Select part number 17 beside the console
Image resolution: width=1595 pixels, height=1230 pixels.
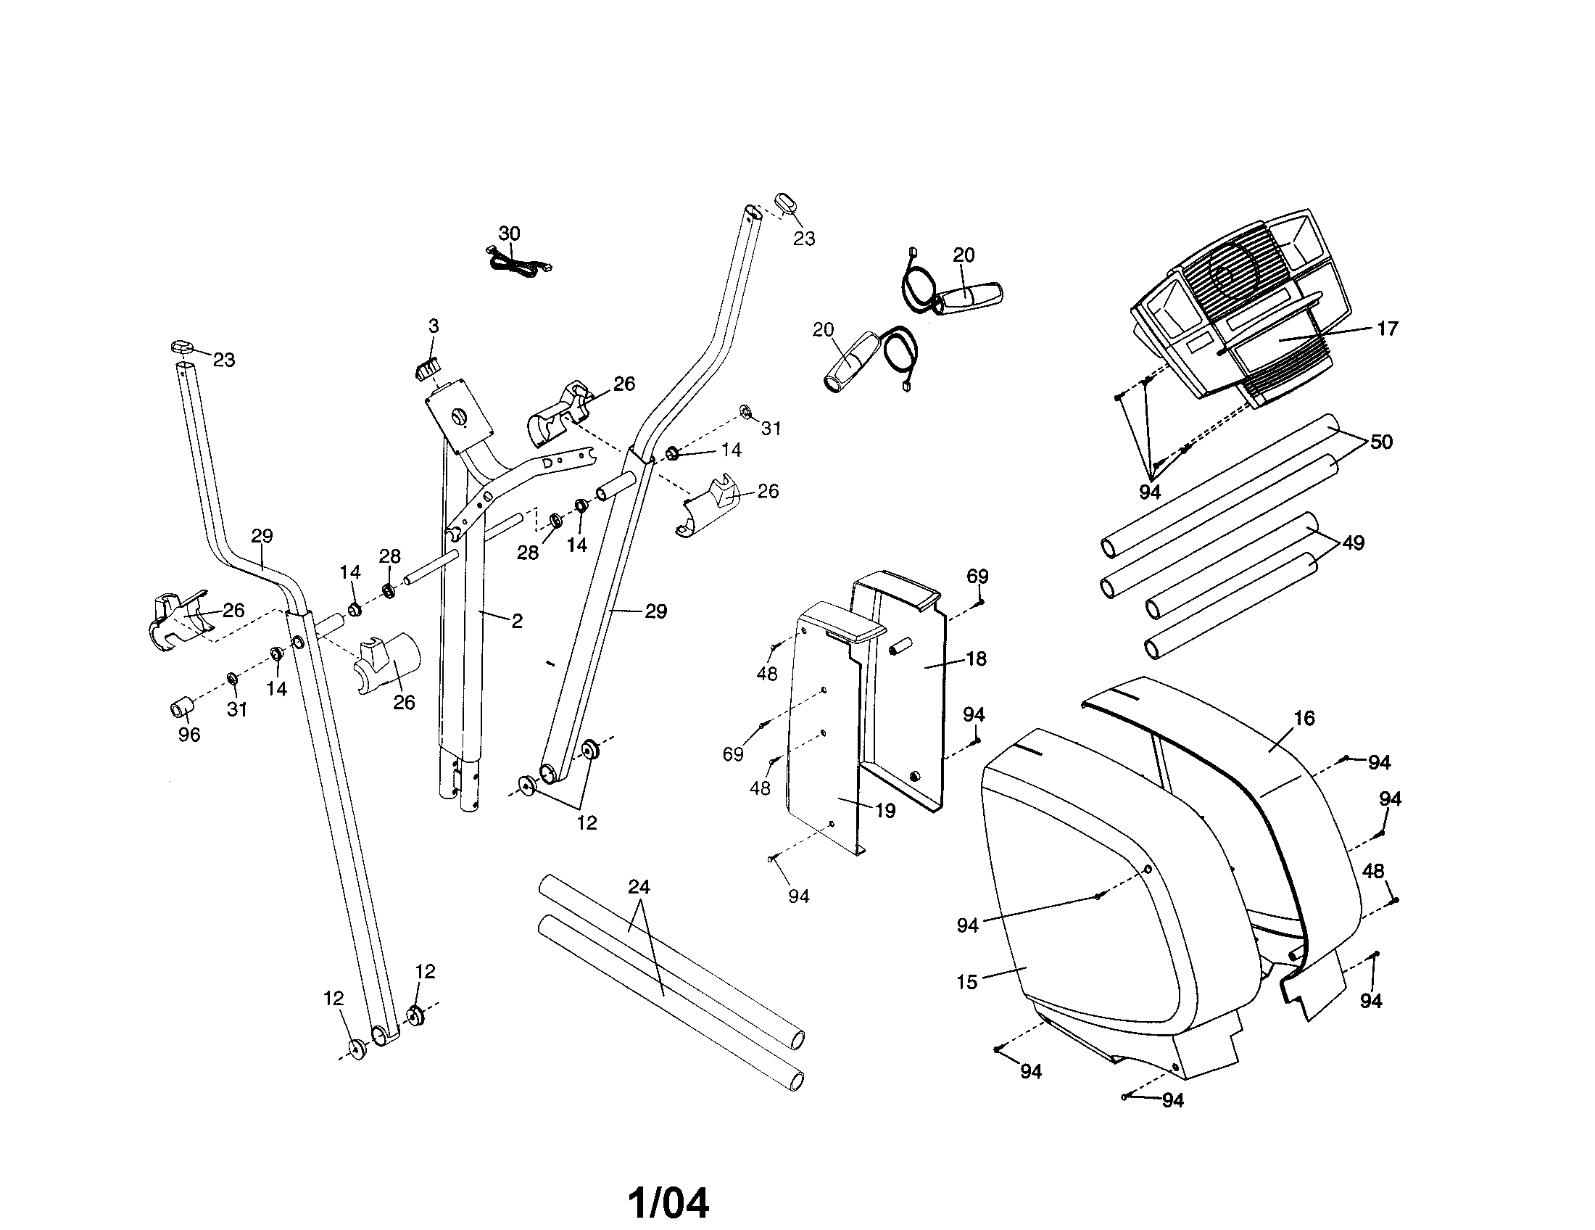point(1387,329)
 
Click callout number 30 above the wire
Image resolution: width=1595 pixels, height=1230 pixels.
point(509,234)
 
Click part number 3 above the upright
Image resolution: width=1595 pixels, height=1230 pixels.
point(434,326)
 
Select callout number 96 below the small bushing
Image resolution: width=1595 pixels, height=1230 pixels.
point(189,735)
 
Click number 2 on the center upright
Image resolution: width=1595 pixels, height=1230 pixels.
point(517,622)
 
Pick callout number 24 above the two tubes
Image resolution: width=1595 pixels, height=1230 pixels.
point(639,887)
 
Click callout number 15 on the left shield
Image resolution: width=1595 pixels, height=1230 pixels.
point(966,983)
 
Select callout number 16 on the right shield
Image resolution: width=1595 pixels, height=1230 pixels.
point(1304,719)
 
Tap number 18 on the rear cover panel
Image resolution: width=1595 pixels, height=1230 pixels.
point(976,659)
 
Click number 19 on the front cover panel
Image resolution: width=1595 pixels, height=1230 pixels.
point(885,811)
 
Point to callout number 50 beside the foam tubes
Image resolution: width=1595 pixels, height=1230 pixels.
point(1381,442)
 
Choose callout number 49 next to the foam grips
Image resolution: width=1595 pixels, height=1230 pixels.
point(1354,542)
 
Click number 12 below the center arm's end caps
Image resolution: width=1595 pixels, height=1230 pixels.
point(587,823)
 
